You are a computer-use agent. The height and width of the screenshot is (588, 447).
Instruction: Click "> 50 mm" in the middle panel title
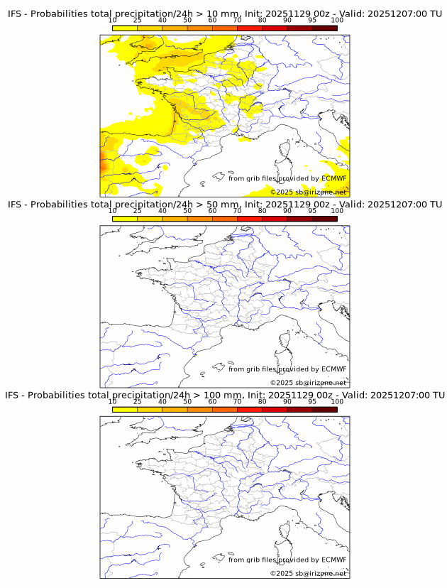206,205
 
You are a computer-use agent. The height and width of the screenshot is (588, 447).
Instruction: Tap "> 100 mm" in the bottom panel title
207,395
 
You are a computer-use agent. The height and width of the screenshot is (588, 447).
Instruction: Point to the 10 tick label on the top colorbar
112,21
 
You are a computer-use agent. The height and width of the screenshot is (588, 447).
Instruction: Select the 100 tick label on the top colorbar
337,21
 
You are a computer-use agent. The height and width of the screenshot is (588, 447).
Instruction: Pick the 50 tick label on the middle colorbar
187,211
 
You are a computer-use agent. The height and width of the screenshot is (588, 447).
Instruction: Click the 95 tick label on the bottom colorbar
312,401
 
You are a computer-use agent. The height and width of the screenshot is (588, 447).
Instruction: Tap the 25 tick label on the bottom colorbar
137,401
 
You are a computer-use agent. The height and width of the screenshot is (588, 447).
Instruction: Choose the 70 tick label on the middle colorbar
237,211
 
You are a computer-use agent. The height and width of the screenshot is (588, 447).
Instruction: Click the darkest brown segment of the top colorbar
324,28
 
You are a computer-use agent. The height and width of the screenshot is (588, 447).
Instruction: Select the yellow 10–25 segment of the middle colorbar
124,219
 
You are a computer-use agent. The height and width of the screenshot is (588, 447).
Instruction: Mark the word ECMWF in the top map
334,179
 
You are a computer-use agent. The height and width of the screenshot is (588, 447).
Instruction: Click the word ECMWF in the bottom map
334,560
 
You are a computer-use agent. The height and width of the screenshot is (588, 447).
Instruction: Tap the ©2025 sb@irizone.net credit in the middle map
308,383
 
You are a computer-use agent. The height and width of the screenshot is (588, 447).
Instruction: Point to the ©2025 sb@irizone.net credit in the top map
308,192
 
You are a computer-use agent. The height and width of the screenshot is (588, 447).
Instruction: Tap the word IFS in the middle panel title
16,205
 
